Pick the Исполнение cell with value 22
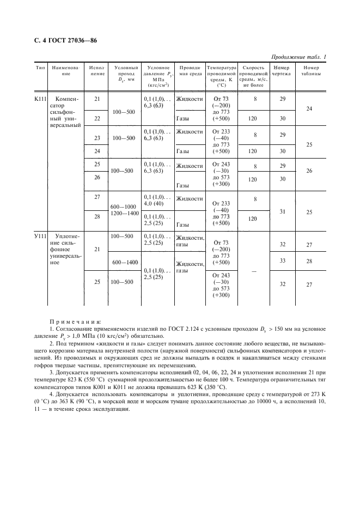(97, 118)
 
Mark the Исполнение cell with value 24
(97, 151)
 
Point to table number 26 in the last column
(309, 171)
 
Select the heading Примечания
(71, 323)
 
